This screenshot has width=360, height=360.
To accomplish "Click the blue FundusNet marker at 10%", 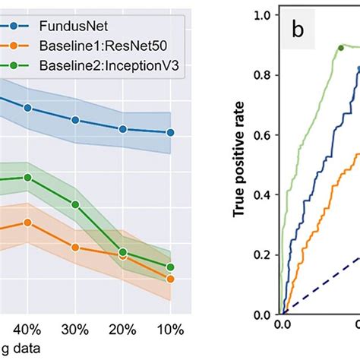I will tap(170, 132).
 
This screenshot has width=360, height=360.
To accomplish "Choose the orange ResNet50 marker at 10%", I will tap(170, 279).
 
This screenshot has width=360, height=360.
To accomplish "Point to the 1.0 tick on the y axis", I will tap(263, 14).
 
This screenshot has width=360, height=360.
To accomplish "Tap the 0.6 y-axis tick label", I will tap(263, 134).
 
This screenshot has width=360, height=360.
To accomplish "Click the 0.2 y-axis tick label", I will tap(263, 254).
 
